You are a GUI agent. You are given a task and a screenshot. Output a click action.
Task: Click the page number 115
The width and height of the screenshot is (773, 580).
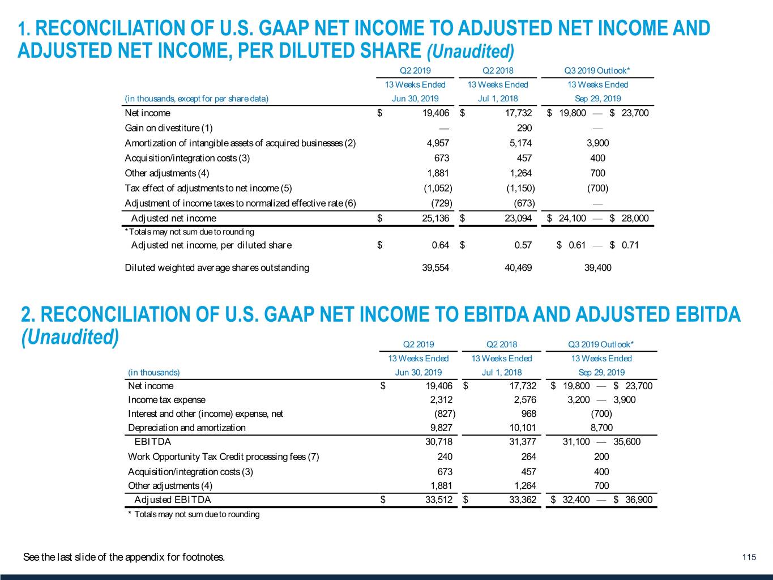coord(749,557)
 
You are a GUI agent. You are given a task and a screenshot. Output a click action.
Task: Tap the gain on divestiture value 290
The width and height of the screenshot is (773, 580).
coord(524,128)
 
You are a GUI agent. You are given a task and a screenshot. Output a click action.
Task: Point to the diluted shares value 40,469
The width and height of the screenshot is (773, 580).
coord(518,267)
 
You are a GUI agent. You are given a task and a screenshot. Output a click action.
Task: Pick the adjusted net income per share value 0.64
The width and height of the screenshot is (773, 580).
coord(440,245)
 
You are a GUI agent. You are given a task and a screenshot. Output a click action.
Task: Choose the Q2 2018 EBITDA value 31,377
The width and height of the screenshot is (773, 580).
coord(522,442)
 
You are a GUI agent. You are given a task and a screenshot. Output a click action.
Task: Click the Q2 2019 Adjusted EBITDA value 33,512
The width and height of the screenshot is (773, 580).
coord(439,500)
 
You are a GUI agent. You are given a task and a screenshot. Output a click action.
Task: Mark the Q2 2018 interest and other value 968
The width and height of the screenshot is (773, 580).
coord(528,413)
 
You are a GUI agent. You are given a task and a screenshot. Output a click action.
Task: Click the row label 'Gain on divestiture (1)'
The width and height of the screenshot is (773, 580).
coord(169,128)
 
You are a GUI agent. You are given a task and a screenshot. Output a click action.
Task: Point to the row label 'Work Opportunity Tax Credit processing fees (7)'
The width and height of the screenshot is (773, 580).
coord(223,457)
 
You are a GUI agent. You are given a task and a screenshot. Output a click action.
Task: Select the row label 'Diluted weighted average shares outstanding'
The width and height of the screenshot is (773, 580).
coord(217,267)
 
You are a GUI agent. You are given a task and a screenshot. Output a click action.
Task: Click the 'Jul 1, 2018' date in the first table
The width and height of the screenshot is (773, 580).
coord(497,99)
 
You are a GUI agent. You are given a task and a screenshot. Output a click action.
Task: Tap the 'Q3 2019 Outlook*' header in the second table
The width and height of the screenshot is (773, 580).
coord(601,344)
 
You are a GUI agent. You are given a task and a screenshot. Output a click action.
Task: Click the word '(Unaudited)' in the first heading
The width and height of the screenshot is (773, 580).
coord(470,52)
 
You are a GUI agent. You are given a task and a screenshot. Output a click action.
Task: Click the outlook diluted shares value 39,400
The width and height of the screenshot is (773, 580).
coord(597,267)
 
